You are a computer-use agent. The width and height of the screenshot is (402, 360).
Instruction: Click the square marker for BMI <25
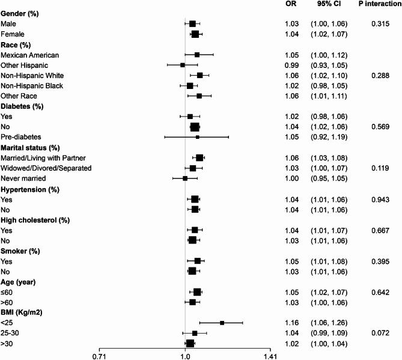point(222,323)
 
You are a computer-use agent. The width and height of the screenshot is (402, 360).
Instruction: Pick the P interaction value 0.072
point(377,333)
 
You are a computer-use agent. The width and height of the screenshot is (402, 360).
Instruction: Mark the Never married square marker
point(185,178)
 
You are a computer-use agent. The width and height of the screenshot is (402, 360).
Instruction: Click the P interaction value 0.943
point(377,199)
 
